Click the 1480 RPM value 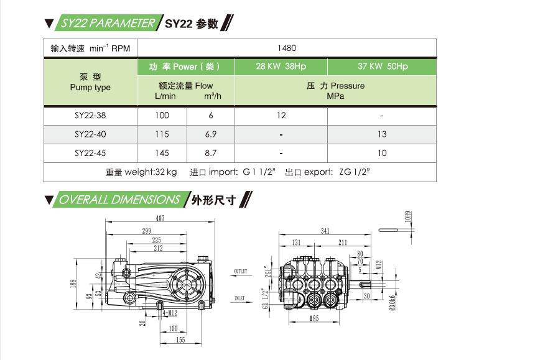(287, 48)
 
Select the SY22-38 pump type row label (90, 116)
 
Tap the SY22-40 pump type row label (90, 134)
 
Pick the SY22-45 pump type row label (90, 153)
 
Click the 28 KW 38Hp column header (281, 67)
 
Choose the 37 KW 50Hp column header (382, 67)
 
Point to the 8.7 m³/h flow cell (210, 153)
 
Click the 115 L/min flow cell (162, 134)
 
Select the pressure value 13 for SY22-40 (382, 134)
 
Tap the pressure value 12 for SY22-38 (281, 116)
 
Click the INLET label (240, 299)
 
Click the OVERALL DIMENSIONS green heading (119, 200)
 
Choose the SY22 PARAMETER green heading (108, 24)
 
